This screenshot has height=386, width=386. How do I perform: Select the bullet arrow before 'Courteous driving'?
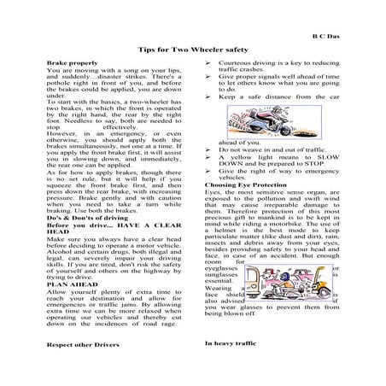[x=210, y=64]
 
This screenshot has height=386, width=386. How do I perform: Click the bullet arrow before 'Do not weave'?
[x=210, y=148]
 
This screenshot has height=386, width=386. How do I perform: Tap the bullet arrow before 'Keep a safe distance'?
[x=210, y=96]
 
